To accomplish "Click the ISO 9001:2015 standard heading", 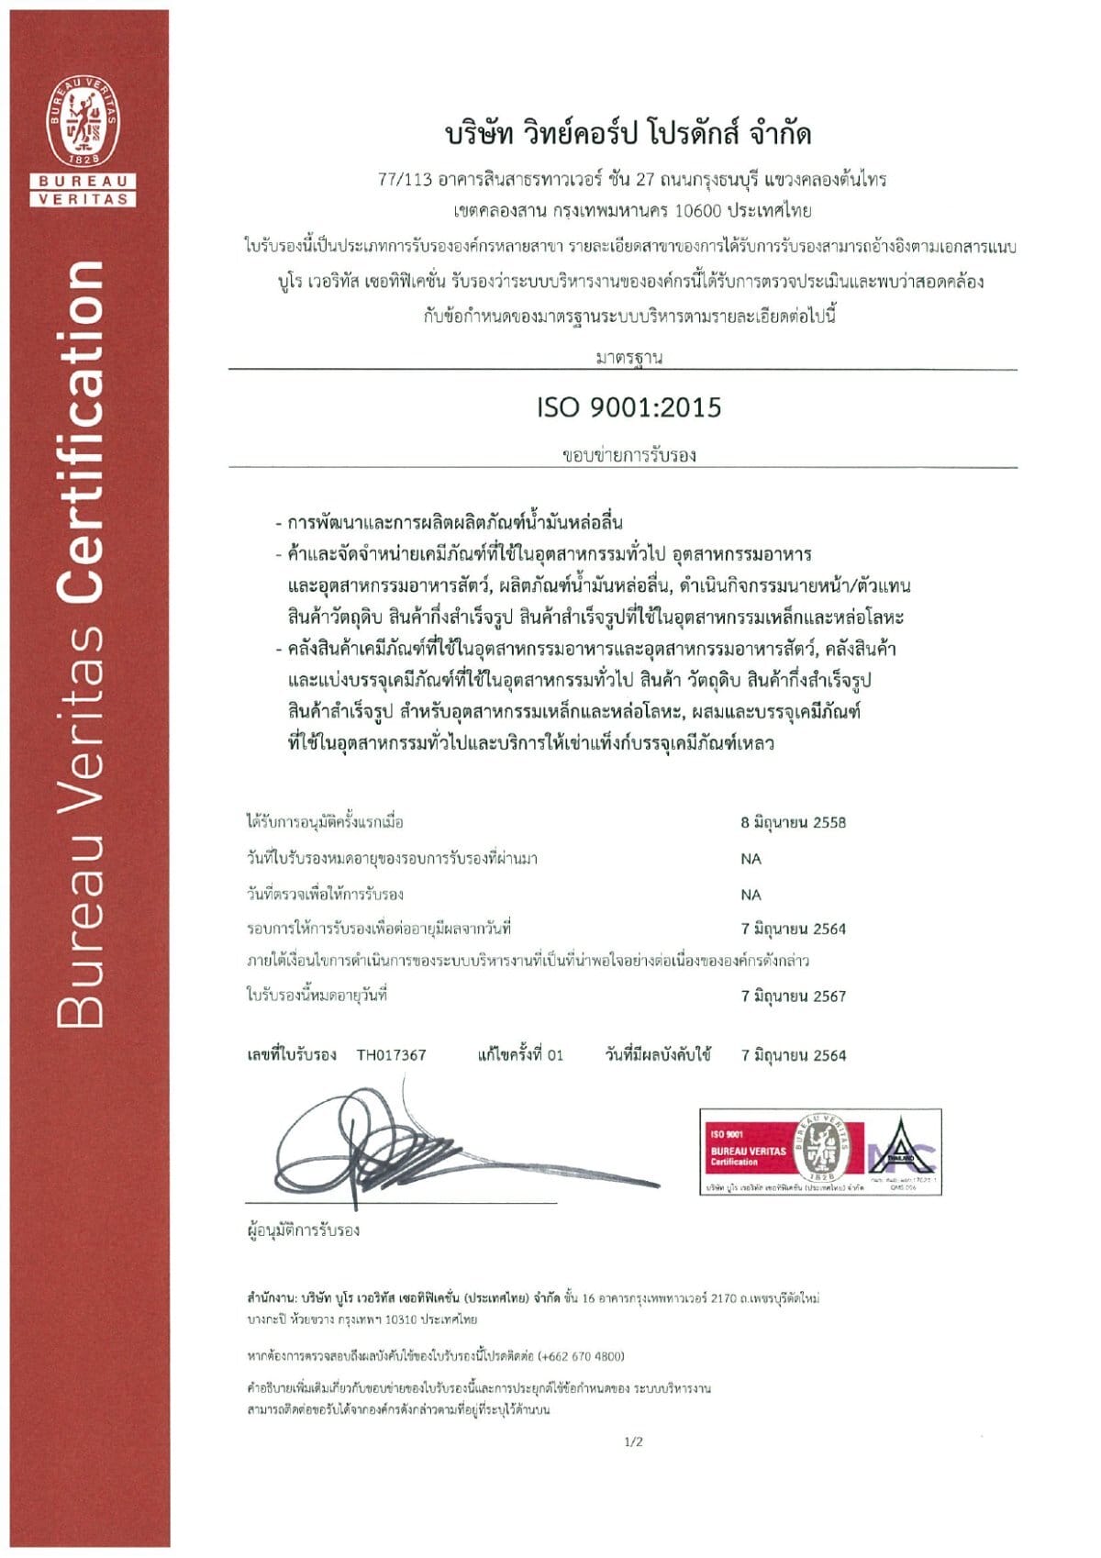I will pyautogui.click(x=629, y=407).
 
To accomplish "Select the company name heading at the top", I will pyautogui.click(x=628, y=134).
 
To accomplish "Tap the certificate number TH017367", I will pyautogui.click(x=391, y=1055).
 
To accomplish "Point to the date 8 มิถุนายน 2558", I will pyautogui.click(x=793, y=822).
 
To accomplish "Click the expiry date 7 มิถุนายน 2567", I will pyautogui.click(x=793, y=996).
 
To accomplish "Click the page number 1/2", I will pyautogui.click(x=633, y=1441).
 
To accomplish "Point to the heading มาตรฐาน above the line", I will pyautogui.click(x=628, y=358).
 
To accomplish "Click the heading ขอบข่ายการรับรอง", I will pyautogui.click(x=628, y=455).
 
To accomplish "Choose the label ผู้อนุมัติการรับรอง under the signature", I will pyautogui.click(x=303, y=1230).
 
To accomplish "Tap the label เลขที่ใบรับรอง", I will pyautogui.click(x=292, y=1055).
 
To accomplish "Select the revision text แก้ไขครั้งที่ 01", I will pyautogui.click(x=520, y=1055).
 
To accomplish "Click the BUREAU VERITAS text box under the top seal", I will pyautogui.click(x=84, y=189).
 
